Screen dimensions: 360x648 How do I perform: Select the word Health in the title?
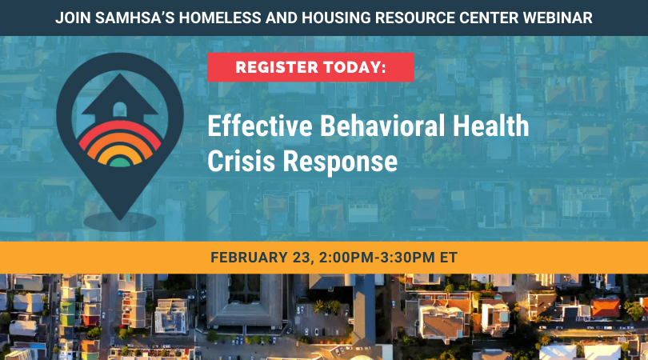tap(489, 127)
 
